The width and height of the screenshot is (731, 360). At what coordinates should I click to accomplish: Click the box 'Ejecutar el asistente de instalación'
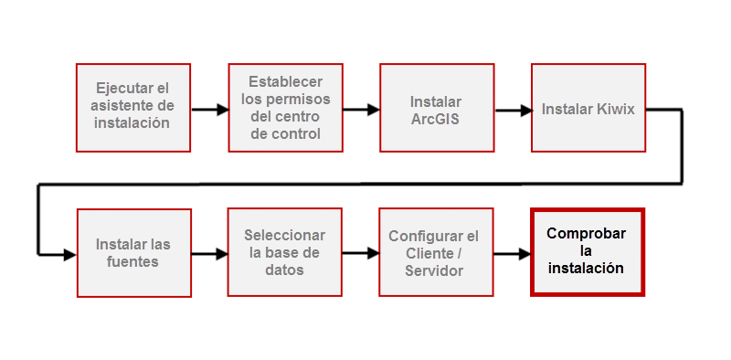tap(133, 107)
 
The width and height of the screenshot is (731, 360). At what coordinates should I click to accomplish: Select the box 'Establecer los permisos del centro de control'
tap(285, 107)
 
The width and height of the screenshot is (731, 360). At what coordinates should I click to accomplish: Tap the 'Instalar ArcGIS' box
tap(437, 107)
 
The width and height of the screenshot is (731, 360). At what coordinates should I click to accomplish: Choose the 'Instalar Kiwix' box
tap(588, 107)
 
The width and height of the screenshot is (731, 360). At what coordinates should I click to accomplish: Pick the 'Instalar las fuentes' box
tap(133, 252)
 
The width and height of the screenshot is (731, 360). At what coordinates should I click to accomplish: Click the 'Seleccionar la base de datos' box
tap(285, 252)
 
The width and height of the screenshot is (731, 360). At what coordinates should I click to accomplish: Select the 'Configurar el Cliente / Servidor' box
tap(437, 252)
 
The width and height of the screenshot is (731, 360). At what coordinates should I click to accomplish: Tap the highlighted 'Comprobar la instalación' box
tap(588, 252)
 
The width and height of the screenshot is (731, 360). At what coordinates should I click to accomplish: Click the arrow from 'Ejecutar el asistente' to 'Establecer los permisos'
tap(209, 111)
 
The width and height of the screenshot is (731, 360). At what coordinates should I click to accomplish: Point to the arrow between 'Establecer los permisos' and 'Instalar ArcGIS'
tap(361, 110)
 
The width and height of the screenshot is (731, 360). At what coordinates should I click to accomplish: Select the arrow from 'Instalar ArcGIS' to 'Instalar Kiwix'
tap(513, 111)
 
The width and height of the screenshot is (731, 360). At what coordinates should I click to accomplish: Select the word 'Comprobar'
tap(587, 233)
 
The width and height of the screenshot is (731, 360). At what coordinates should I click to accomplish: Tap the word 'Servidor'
tap(433, 271)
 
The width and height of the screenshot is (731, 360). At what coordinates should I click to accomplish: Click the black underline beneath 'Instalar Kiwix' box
tap(588, 154)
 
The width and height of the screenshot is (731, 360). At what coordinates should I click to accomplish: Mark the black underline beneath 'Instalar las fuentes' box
tap(133, 299)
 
